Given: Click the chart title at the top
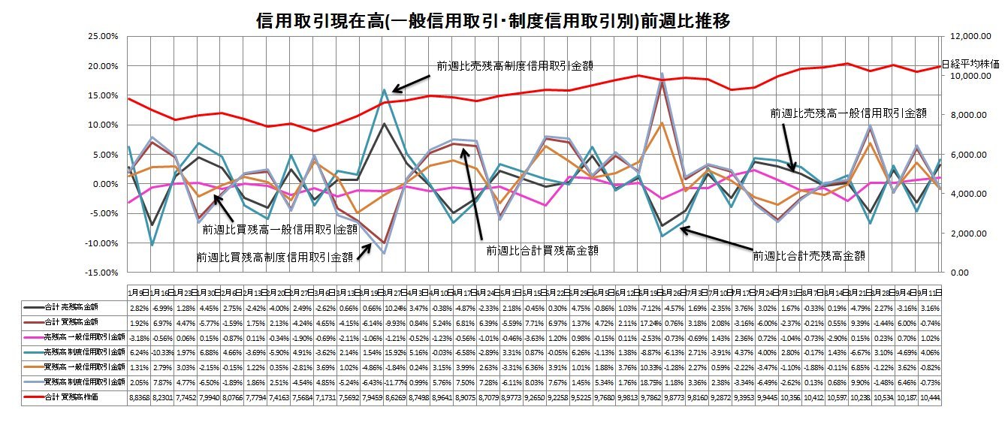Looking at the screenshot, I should (493, 22).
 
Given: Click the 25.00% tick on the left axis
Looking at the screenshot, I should (104, 36).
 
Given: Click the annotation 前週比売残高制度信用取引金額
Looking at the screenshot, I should (515, 65).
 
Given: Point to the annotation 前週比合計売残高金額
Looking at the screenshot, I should (809, 255).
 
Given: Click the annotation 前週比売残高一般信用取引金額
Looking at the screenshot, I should (848, 113).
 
